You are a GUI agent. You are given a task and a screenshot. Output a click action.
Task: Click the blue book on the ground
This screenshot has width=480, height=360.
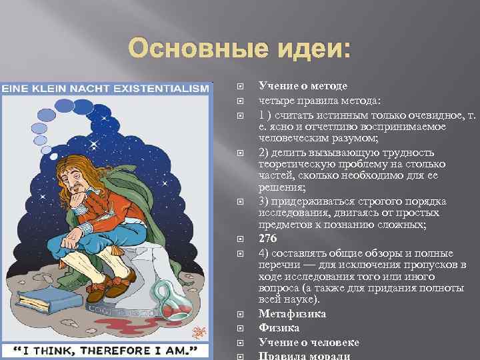pyautogui.click(x=41, y=301)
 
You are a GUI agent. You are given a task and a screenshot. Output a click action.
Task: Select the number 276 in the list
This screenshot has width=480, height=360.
pyautogui.click(x=268, y=237)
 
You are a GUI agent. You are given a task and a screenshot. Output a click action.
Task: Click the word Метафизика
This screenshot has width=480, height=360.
pyautogui.click(x=292, y=313)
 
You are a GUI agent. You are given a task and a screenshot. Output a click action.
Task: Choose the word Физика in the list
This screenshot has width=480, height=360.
pyautogui.click(x=279, y=328)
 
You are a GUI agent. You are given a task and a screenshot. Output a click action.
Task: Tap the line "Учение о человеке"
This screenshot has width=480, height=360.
pyautogui.click(x=309, y=342)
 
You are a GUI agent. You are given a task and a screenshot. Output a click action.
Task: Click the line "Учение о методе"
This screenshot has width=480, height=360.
pyautogui.click(x=303, y=86)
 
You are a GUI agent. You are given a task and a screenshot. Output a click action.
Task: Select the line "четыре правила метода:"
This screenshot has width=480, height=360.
pyautogui.click(x=320, y=101)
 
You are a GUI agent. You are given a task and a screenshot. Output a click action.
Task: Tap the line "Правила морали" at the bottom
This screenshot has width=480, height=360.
pyautogui.click(x=304, y=355)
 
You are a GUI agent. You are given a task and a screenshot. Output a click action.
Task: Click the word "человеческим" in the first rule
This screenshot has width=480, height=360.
pyautogui.click(x=293, y=138)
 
